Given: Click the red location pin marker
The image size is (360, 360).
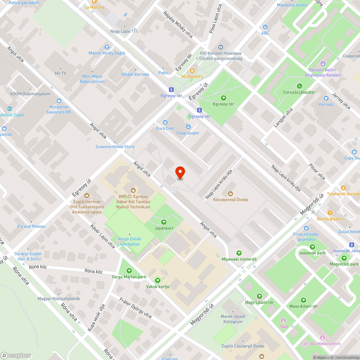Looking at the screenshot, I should (x=180, y=173).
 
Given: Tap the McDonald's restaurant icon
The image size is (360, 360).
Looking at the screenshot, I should (x=192, y=71).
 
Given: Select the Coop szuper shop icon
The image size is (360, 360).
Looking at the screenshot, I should (x=188, y=127).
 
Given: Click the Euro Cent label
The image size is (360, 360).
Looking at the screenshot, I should (x=165, y=129).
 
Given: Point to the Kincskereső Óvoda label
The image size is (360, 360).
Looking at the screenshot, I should (x=230, y=199).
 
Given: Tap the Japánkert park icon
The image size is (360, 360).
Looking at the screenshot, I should (x=164, y=222).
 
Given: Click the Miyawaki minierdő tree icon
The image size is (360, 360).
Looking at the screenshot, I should (x=239, y=253).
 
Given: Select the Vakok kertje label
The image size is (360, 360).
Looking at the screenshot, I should (x=158, y=287).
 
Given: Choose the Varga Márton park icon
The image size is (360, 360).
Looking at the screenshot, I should (x=129, y=271).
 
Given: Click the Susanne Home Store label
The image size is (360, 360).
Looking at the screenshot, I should (x=115, y=147).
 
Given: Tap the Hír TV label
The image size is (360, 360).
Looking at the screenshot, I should (x=60, y=73).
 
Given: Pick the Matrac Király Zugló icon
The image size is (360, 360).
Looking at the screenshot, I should (x=107, y=47).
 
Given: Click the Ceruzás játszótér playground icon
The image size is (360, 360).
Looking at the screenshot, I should (x=299, y=86).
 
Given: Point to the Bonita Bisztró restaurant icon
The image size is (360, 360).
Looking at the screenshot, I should (x=330, y=213).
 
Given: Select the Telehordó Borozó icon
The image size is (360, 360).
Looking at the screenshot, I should (x=343, y=188).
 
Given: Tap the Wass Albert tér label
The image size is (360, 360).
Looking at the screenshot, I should (x=303, y=306).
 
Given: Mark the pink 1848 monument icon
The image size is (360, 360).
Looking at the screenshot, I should (x=283, y=320).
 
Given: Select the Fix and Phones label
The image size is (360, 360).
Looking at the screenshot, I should (x=31, y=226).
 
